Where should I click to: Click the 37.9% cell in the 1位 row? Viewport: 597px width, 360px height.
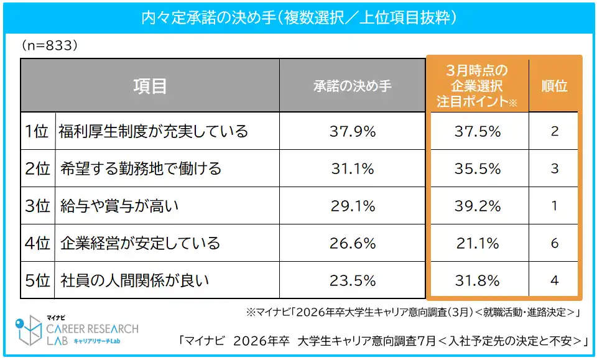(x=353, y=131)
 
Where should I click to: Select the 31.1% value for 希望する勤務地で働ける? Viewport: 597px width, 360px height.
(x=353, y=168)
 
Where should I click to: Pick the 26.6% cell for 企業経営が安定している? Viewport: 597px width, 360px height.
(x=353, y=243)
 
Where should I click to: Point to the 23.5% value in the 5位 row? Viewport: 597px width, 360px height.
(x=353, y=280)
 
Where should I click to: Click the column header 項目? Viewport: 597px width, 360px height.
(x=150, y=86)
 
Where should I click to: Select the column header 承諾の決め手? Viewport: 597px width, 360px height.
(x=353, y=86)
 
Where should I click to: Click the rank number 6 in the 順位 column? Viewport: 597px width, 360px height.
(x=554, y=243)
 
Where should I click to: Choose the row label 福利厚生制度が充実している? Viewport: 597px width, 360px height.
(x=154, y=131)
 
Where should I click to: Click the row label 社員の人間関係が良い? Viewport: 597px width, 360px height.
(x=134, y=280)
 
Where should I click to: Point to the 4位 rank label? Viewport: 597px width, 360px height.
(x=37, y=243)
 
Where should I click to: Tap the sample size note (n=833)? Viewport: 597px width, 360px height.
(x=49, y=46)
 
